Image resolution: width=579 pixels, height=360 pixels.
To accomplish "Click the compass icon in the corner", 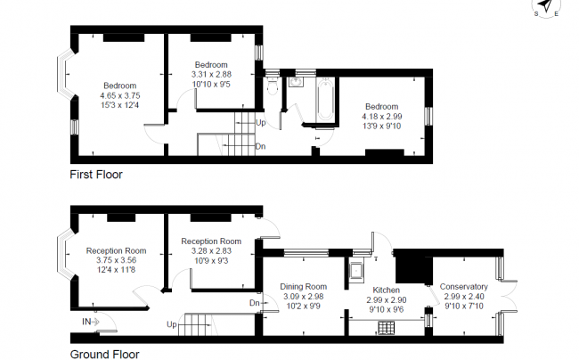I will (x=546, y=8).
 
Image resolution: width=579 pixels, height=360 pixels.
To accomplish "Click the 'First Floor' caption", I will (x=96, y=175).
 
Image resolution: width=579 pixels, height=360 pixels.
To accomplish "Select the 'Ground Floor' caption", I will (x=104, y=354).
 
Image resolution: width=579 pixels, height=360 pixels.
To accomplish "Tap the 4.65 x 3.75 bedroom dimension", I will (x=119, y=95).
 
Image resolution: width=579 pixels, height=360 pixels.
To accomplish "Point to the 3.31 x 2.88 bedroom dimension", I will (x=212, y=76).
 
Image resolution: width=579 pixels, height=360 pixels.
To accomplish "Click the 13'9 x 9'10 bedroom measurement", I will (x=381, y=127).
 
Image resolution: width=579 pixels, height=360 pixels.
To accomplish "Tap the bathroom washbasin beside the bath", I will (x=297, y=83).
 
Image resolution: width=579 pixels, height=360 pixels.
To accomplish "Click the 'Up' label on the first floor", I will (x=260, y=122).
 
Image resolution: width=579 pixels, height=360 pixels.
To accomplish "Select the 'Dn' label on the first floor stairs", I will (x=259, y=145).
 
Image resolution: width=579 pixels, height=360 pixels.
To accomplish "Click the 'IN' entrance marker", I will (x=87, y=321).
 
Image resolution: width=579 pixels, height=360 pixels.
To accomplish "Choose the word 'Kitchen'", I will (x=387, y=290).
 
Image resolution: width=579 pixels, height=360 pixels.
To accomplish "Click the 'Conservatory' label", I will (x=464, y=287).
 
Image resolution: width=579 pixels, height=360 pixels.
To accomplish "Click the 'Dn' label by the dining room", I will (x=255, y=303).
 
